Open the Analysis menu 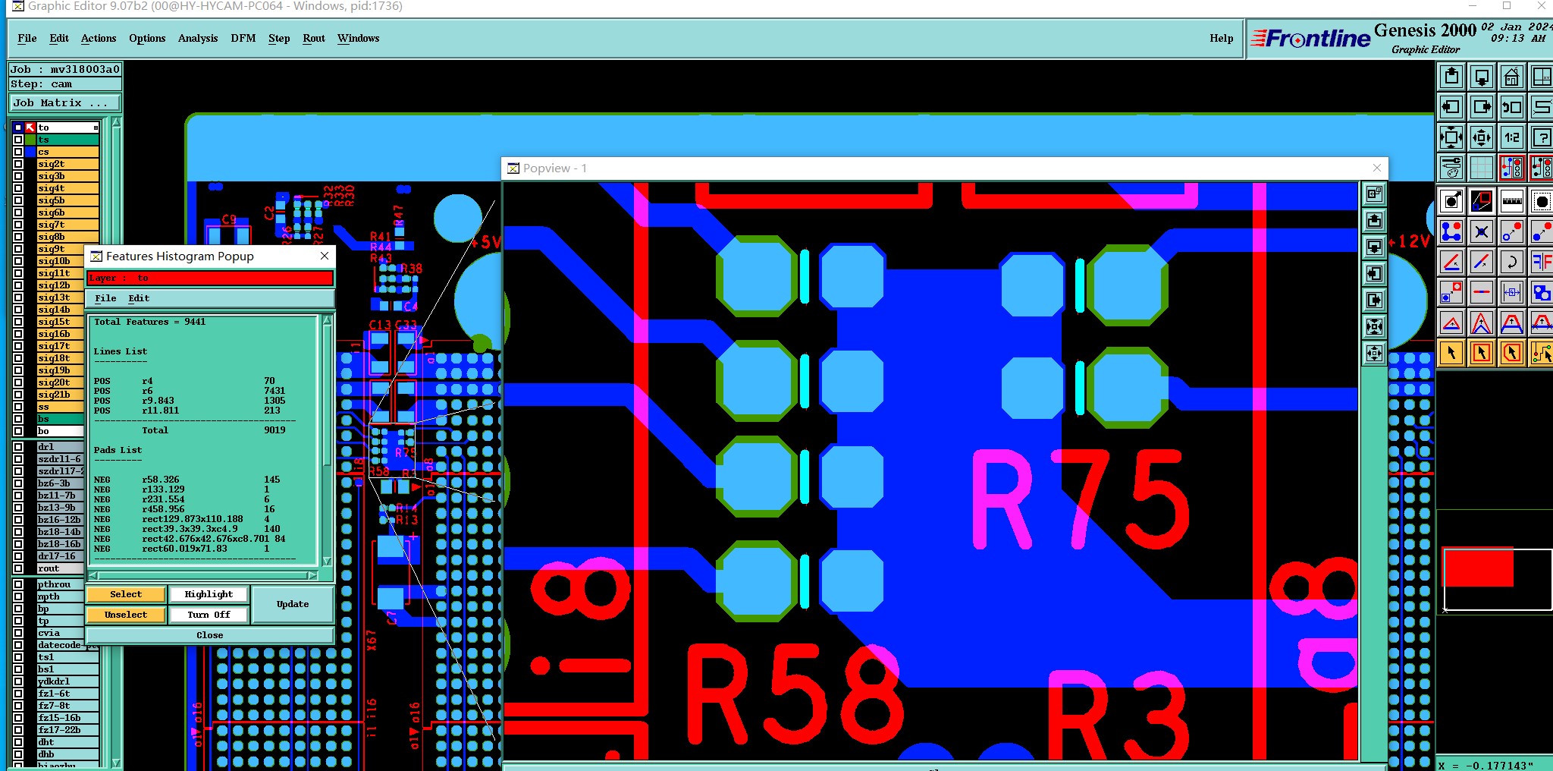coord(197,38)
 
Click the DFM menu coord(243,38)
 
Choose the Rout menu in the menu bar coord(313,38)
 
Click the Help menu coord(1221,38)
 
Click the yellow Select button coord(126,594)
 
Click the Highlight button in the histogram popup coord(209,594)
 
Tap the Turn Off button coord(209,615)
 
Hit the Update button coord(293,604)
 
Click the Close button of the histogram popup coord(209,635)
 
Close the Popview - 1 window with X coord(1377,168)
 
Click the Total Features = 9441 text coord(150,322)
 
